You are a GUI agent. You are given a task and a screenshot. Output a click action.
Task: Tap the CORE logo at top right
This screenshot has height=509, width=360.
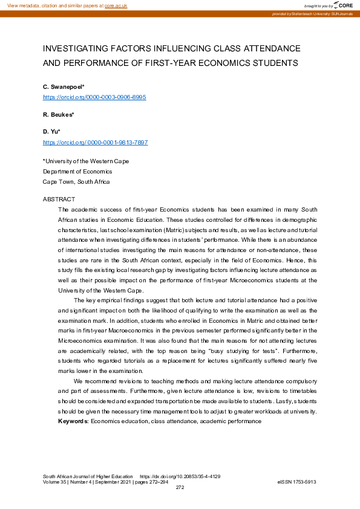tap(342, 5)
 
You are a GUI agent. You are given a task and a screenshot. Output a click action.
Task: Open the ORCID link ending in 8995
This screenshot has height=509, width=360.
tap(94, 97)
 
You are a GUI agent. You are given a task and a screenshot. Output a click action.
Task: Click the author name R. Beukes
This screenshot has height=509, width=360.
tap(58, 114)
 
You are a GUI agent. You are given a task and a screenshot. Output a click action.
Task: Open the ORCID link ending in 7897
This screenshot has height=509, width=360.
tap(95, 142)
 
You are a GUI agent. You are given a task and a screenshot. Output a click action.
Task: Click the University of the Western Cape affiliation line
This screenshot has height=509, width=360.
tap(85, 161)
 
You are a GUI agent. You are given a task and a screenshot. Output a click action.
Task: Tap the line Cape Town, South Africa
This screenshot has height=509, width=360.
tap(76, 181)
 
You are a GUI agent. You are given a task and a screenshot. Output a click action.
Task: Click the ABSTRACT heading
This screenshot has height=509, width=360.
tap(59, 199)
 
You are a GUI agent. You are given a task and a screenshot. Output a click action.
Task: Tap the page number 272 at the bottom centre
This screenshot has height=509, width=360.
tap(180, 487)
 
